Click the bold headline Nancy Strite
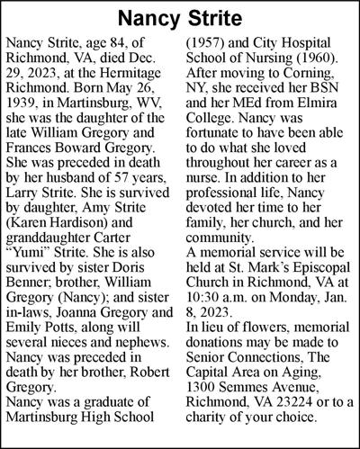click(x=180, y=17)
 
